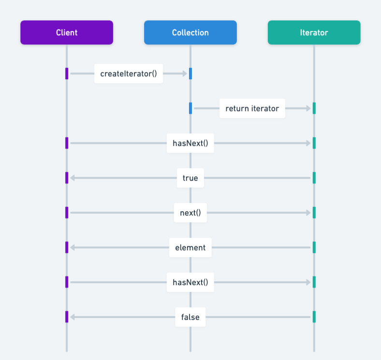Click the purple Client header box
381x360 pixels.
pyautogui.click(x=67, y=32)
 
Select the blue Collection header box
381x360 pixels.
pyautogui.click(x=190, y=32)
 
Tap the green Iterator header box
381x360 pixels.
pyautogui.click(x=314, y=32)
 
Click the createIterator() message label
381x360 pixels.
pyautogui.click(x=129, y=73)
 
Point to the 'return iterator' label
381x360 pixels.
pyautogui.click(x=252, y=108)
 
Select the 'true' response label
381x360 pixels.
pyautogui.click(x=190, y=178)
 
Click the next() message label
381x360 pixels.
pyautogui.click(x=190, y=213)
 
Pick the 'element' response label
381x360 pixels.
pyautogui.click(x=190, y=247)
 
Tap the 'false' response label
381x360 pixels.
pyautogui.click(x=190, y=317)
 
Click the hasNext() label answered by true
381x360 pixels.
pyautogui.click(x=190, y=143)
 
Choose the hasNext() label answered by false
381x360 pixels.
pyautogui.click(x=190, y=282)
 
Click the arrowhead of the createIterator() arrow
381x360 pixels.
pyautogui.click(x=184, y=73)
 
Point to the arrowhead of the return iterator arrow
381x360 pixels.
pyautogui.click(x=308, y=108)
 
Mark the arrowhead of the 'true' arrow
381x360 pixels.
pyautogui.click(x=73, y=178)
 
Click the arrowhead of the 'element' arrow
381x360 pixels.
pyautogui.click(x=73, y=247)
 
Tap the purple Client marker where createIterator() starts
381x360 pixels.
pyautogui.click(x=67, y=73)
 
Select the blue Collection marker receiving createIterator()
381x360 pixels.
pyautogui.click(x=190, y=73)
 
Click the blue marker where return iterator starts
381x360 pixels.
pyautogui.click(x=190, y=108)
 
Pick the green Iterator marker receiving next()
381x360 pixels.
pyautogui.click(x=314, y=213)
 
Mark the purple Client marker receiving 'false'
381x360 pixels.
pyautogui.click(x=67, y=317)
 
